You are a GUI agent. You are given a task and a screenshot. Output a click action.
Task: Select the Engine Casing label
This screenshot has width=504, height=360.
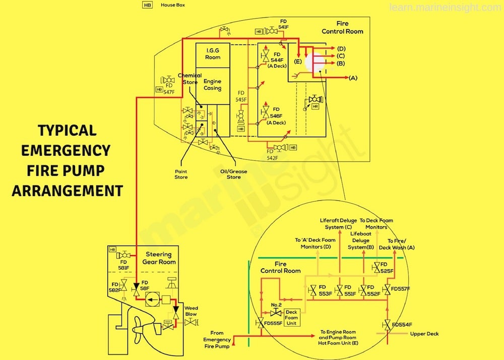click(212, 84)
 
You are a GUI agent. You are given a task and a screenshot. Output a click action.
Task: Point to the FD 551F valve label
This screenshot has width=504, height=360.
click(350, 290)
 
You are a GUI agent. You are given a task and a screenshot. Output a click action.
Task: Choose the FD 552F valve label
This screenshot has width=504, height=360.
click(373, 290)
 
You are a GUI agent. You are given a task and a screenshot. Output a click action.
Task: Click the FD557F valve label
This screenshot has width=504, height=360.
click(401, 289)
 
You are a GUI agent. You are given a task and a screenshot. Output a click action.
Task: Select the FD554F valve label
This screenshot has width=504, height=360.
click(402, 324)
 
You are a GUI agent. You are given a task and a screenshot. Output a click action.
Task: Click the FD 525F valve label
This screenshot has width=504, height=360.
click(387, 268)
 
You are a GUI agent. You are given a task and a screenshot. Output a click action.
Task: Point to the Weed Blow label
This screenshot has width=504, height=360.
click(192, 311)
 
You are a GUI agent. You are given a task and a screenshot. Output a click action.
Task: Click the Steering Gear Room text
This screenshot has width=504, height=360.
click(159, 258)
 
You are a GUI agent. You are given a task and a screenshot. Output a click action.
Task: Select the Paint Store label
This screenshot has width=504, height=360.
click(181, 174)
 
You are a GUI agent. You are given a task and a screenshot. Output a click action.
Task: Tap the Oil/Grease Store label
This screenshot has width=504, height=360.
click(233, 174)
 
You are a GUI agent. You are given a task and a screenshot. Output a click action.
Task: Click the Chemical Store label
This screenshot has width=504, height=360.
click(190, 79)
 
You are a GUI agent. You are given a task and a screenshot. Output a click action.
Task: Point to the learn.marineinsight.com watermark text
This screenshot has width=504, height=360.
click(446, 7)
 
